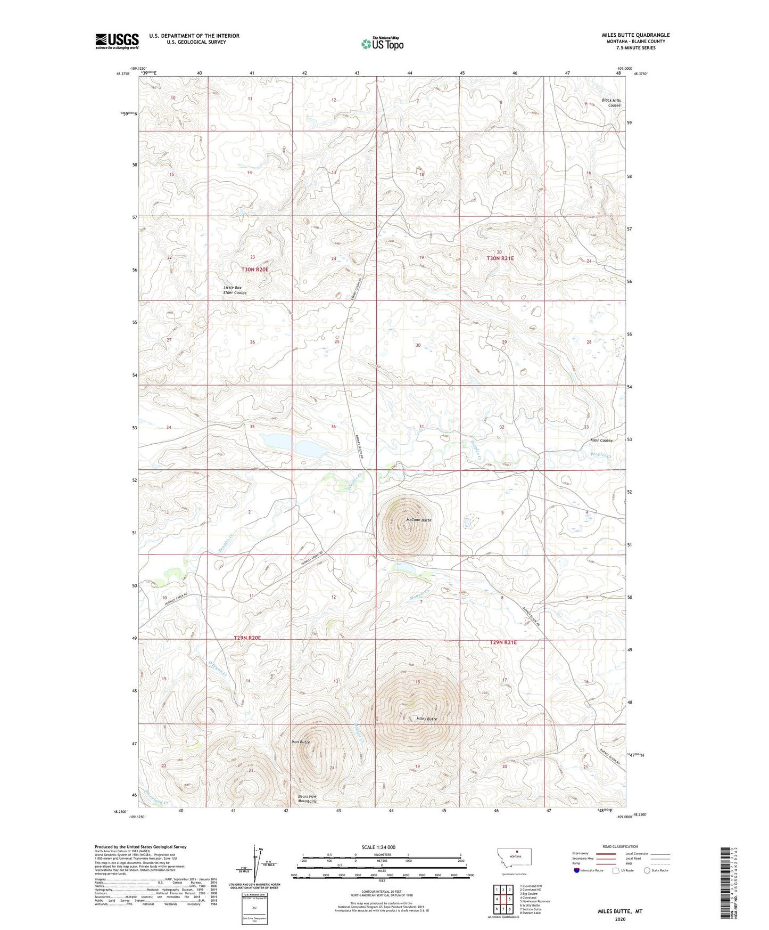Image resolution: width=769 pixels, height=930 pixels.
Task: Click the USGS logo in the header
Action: point(117,41)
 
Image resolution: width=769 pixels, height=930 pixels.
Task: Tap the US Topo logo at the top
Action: point(382,44)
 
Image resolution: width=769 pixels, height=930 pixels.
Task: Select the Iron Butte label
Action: point(301,742)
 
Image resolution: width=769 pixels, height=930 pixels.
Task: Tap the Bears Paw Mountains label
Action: point(308,799)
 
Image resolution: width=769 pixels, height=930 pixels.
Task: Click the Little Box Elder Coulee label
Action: point(235,290)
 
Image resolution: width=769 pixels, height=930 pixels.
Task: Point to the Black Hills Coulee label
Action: point(611,103)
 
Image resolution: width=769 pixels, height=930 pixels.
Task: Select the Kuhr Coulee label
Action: point(601,440)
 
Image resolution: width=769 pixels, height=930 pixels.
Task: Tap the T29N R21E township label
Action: point(503,642)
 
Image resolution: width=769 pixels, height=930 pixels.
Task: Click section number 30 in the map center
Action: point(418,345)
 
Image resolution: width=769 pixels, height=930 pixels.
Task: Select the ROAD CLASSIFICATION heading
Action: point(620,846)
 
